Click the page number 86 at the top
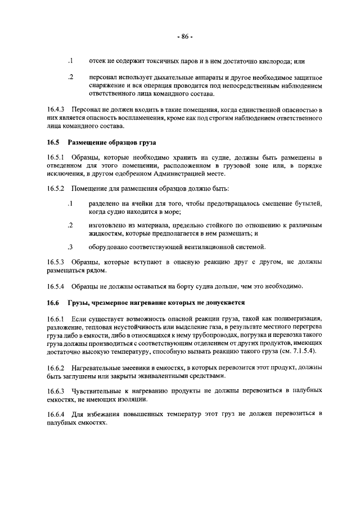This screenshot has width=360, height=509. click(184, 37)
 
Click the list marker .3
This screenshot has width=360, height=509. click(70, 246)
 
